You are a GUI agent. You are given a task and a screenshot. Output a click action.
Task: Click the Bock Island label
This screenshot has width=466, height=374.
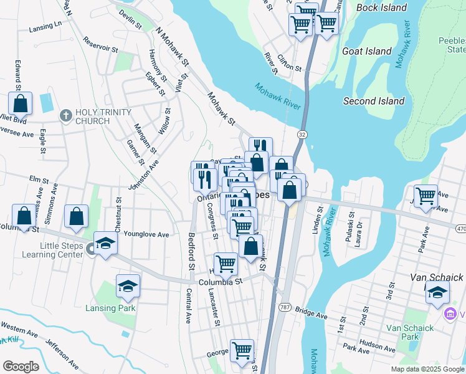click(x=381, y=8)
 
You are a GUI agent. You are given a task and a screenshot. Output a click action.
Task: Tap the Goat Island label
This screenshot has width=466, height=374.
click(x=366, y=52)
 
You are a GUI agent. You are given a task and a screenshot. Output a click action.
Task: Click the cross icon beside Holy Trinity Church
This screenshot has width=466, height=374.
click(x=66, y=115)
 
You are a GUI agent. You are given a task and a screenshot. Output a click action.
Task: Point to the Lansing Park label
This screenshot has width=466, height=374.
click(x=110, y=308)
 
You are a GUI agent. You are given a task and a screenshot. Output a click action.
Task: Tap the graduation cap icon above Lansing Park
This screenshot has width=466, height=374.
click(x=128, y=286)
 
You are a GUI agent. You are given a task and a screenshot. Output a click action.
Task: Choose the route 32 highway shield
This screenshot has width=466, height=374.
click(x=302, y=134)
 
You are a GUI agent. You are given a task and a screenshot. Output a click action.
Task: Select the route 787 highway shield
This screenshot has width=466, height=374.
click(x=285, y=307)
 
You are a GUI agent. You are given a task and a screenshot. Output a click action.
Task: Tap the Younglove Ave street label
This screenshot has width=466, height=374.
click(x=146, y=235)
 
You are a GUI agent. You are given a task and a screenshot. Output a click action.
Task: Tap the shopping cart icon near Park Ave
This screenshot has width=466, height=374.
click(x=426, y=196)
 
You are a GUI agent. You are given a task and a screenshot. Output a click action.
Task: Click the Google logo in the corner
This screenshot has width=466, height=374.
click(x=21, y=367)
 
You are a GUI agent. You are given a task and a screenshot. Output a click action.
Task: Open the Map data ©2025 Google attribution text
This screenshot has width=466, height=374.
click(x=427, y=369)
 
